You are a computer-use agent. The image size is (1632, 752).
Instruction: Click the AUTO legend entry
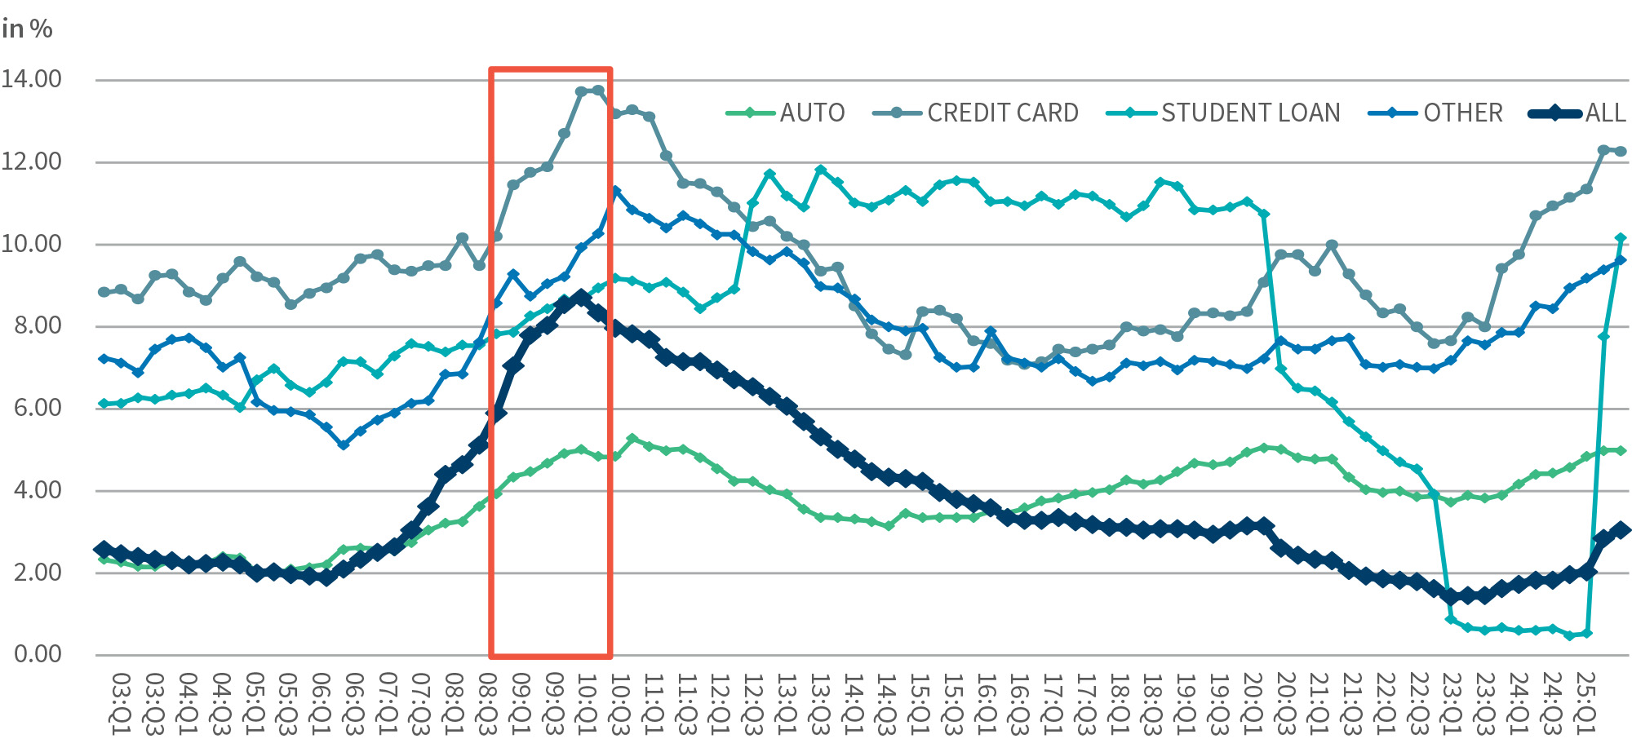(786, 113)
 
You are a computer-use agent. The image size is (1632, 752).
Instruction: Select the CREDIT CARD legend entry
(976, 113)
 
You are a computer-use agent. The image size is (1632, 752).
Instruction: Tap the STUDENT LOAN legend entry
(1224, 113)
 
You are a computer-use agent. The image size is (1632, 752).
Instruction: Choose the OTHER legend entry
(1436, 113)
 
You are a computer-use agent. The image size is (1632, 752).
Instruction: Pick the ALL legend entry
(1578, 113)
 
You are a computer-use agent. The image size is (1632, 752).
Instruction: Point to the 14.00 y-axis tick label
(32, 79)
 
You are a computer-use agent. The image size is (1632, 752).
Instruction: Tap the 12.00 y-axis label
(32, 161)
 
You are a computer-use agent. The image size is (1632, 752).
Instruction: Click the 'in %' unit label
(27, 29)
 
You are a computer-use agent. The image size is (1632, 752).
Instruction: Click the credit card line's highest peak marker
(598, 91)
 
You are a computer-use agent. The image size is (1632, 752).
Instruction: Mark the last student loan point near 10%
(1621, 238)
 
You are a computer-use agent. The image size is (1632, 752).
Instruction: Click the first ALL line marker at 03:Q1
(104, 550)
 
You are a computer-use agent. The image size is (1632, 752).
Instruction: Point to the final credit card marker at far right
(1621, 152)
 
